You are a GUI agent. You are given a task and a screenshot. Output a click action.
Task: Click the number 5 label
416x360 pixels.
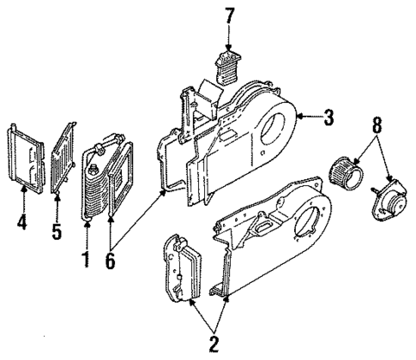coord(56,232)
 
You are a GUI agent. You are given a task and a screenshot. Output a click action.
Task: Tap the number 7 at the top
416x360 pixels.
coord(228,15)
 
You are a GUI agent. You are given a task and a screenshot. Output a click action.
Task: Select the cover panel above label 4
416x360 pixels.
coord(27,159)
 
